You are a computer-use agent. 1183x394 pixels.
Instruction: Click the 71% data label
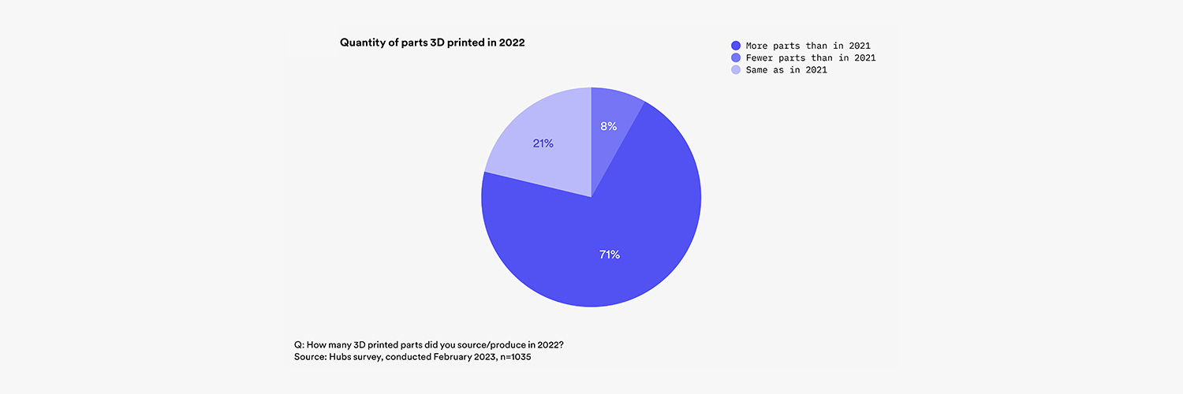point(608,255)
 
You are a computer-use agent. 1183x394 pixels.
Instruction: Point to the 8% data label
point(607,126)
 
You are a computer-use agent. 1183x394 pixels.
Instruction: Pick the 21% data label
point(543,143)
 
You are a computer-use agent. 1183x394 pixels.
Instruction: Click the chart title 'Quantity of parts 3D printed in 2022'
point(432,43)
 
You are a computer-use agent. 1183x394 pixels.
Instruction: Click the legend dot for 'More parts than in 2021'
point(736,46)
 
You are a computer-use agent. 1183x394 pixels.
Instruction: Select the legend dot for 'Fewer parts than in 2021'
point(736,58)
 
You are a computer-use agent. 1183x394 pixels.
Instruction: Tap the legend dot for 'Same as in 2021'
point(736,70)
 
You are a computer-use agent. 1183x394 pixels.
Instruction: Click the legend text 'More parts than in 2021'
point(808,46)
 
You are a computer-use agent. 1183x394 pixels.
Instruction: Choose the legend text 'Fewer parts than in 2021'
point(811,58)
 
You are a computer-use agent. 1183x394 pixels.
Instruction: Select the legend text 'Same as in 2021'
point(786,70)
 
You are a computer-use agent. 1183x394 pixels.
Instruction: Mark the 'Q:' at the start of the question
point(298,346)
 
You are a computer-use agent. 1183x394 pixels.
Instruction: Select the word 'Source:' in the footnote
point(311,359)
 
